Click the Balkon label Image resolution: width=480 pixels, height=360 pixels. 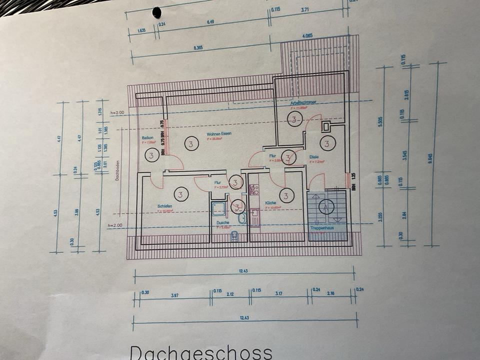tap(147, 137)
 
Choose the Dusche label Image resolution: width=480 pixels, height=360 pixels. tap(222, 223)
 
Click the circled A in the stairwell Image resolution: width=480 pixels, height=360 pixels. tap(326, 206)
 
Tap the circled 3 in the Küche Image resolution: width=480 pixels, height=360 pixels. tap(286, 195)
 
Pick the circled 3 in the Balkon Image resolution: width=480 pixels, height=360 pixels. tap(151, 155)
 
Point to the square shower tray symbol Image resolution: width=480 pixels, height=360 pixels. tap(218, 209)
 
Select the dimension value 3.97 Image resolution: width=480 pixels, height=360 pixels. tap(174, 295)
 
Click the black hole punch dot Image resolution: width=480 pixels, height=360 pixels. tap(157, 12)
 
